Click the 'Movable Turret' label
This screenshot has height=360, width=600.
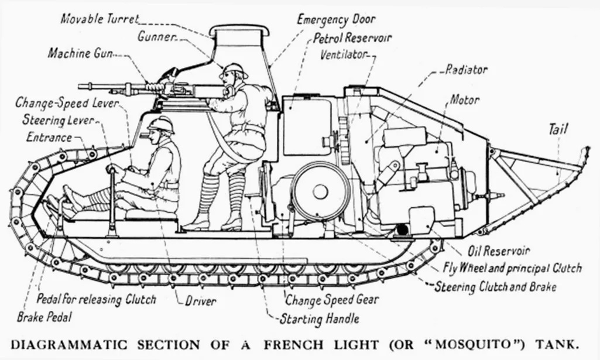pos(100,18)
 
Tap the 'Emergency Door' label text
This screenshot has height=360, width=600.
pos(336,19)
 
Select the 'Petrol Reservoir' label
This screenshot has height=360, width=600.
pos(352,38)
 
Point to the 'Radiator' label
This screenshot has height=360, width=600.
pos(466,70)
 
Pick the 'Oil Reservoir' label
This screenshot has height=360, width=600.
pos(499,251)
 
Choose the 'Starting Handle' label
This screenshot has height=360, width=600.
pos(319,319)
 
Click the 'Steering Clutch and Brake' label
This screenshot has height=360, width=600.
pos(495,287)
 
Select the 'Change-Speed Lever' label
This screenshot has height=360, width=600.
pos(67,103)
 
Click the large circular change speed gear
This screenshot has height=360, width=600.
pos(320,191)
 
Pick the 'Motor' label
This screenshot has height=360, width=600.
pos(465,100)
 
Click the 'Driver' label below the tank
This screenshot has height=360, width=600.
pos(200,302)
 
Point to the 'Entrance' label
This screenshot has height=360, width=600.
pos(49,138)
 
